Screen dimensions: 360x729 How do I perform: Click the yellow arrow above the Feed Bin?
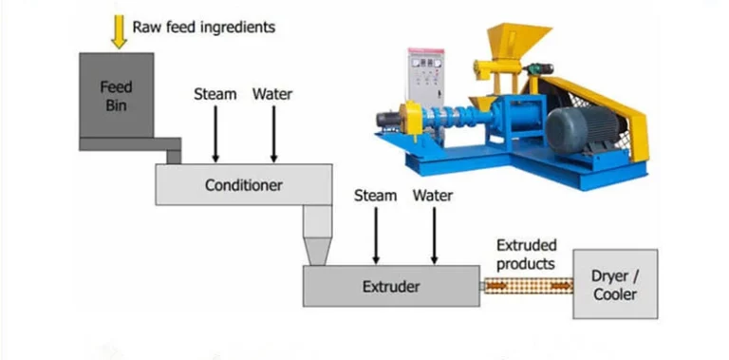pyautogui.click(x=119, y=30)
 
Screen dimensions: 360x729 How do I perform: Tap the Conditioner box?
pyautogui.click(x=243, y=184)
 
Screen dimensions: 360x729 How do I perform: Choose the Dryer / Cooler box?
pyautogui.click(x=615, y=284)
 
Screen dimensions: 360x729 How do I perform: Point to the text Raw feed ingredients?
pyautogui.click(x=204, y=27)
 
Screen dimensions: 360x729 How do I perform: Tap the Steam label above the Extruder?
pyautogui.click(x=375, y=196)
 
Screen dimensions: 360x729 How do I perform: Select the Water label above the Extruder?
pyautogui.click(x=433, y=196)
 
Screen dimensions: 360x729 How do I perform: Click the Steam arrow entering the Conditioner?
pyautogui.click(x=215, y=132)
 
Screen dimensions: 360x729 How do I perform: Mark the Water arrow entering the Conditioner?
pyautogui.click(x=273, y=132)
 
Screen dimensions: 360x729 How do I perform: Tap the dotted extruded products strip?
pyautogui.click(x=529, y=284)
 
